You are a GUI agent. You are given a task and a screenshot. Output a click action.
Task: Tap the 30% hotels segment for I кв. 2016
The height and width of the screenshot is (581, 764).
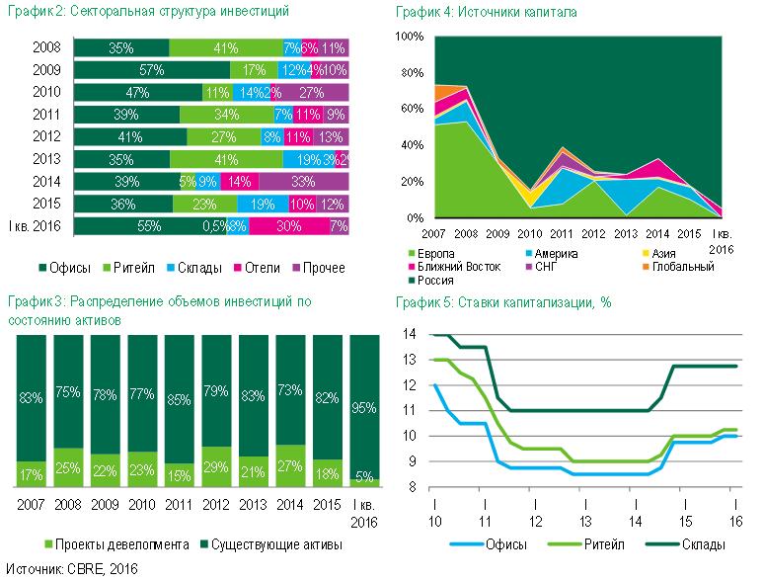tap(288, 225)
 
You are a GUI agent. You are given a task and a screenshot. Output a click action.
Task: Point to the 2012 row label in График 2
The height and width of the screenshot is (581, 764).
tap(46, 136)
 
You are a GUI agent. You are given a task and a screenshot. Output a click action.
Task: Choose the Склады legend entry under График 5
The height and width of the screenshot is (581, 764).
tap(697, 544)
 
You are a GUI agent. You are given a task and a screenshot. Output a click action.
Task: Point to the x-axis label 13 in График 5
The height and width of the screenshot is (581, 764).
tap(584, 521)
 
